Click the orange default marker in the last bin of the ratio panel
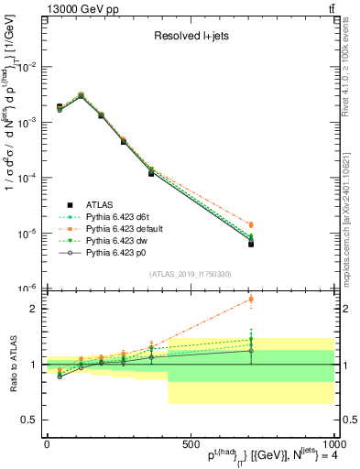[x=251, y=300]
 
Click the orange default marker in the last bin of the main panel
[x=251, y=224]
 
